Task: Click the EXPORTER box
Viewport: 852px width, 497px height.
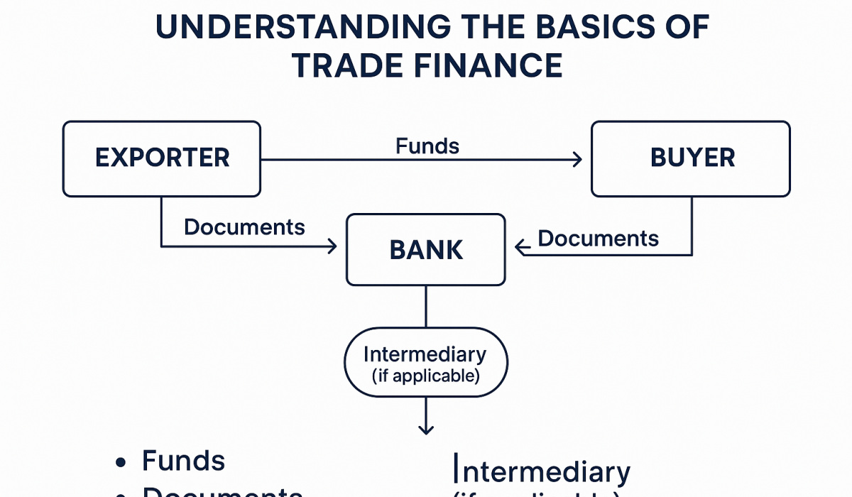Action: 162,158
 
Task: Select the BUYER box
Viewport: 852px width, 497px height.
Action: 690,158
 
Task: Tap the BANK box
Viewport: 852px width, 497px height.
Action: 426,250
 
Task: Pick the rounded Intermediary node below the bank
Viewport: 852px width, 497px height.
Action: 425,362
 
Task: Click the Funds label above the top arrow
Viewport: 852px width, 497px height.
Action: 427,146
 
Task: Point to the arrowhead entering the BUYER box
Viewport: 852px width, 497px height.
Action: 577,160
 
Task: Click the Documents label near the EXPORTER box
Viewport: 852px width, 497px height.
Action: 244,226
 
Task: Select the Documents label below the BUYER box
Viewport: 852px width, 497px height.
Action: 598,238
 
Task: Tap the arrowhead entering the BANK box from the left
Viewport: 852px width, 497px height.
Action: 332,246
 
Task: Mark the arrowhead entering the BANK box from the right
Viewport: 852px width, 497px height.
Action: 520,247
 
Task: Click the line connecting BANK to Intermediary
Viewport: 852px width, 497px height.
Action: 426,306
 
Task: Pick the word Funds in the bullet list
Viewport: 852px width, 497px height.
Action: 183,461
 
